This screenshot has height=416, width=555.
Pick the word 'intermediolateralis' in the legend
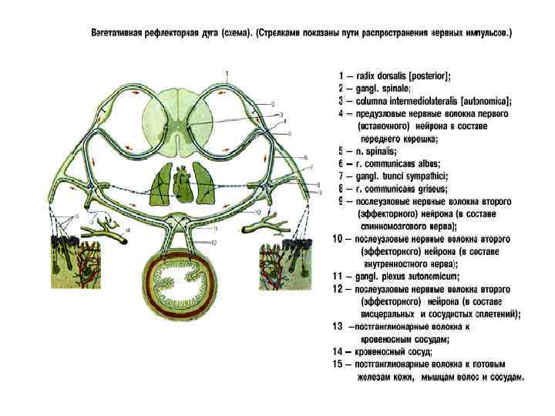coord(422,101)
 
